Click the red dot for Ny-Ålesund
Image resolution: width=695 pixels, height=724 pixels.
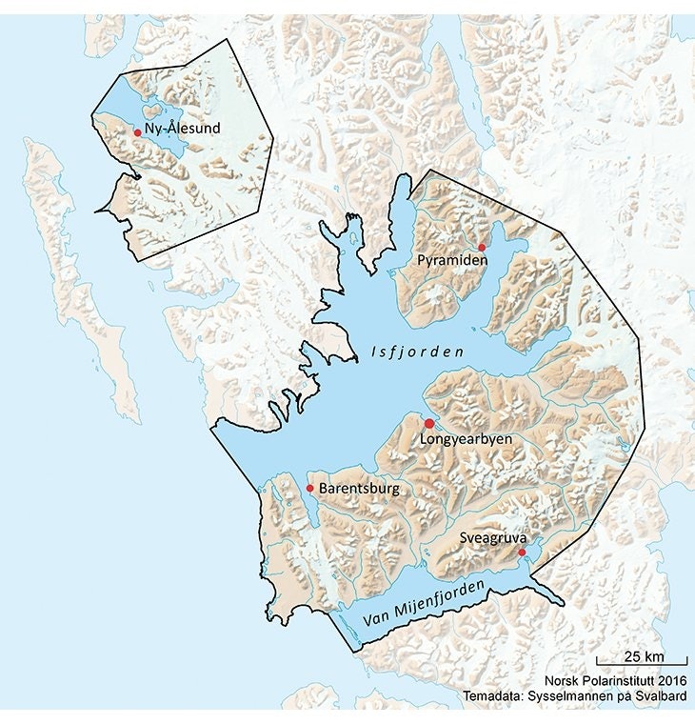pyautogui.click(x=137, y=133)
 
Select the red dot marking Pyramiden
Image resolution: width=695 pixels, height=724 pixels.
pyautogui.click(x=482, y=247)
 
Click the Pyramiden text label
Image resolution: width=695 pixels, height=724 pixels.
pyautogui.click(x=447, y=259)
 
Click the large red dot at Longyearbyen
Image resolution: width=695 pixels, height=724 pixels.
pyautogui.click(x=428, y=423)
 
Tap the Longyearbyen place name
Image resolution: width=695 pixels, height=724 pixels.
pyautogui.click(x=466, y=439)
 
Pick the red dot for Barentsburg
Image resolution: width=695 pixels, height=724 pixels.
pyautogui.click(x=309, y=488)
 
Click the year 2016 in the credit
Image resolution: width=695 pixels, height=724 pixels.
pyautogui.click(x=670, y=682)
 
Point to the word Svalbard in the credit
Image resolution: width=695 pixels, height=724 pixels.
pyautogui.click(x=662, y=696)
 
